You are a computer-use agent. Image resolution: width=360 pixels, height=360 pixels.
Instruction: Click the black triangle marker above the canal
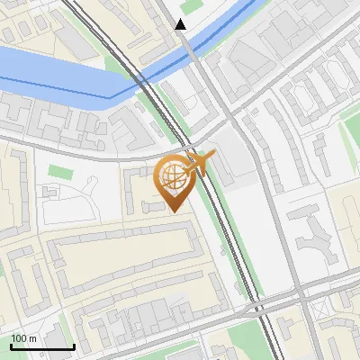coord(181,24)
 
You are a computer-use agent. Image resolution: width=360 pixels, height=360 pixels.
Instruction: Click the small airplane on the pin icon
coord(199,163)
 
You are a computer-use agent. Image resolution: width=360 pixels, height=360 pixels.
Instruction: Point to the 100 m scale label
coord(23,337)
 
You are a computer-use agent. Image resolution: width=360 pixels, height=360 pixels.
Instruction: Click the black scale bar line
coord(41,346)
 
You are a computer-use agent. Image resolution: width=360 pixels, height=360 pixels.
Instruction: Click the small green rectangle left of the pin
coord(59,171)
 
